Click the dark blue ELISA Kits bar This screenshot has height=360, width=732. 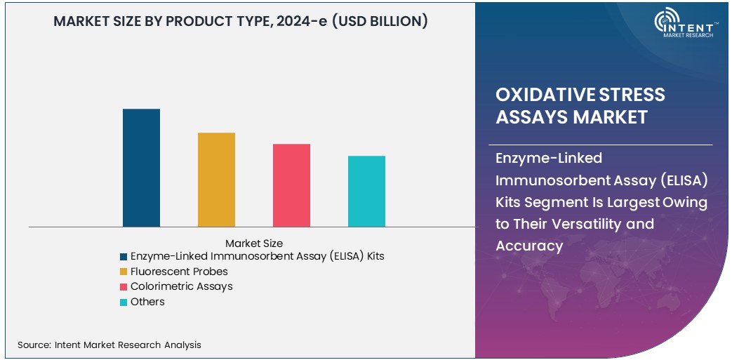point(141,168)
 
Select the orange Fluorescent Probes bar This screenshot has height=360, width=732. point(216,180)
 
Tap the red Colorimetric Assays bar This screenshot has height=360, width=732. point(291,185)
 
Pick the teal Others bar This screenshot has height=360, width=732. point(366,191)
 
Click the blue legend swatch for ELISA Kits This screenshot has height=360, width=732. point(124,257)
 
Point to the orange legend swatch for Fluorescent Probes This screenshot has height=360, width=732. point(124,272)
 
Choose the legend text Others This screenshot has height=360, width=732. point(147,302)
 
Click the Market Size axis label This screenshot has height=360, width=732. point(254,244)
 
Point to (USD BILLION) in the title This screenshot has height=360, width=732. point(380,22)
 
